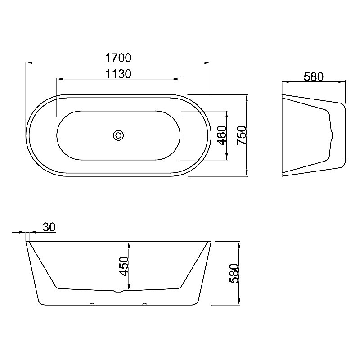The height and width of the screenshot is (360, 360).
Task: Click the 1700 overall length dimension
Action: (x=118, y=58)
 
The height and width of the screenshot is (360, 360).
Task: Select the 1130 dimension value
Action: (x=118, y=74)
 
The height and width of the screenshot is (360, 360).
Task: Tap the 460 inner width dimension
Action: (x=222, y=135)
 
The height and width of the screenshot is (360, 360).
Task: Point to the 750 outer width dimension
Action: (x=242, y=135)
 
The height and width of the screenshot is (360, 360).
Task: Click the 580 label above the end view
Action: (x=313, y=76)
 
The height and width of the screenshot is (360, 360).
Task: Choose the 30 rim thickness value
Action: (x=49, y=227)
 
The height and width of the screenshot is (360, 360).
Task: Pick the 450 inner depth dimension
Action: (x=124, y=266)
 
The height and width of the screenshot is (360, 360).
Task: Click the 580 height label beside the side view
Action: (x=234, y=273)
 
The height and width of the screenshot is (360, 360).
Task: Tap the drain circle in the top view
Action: (x=118, y=135)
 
